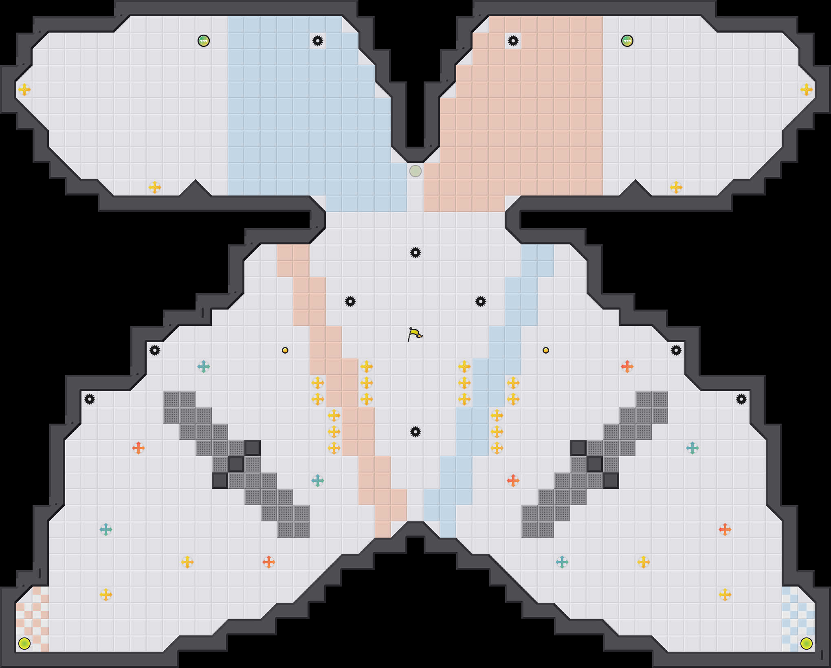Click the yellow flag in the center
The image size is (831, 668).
click(415, 334)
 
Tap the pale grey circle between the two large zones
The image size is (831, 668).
click(415, 171)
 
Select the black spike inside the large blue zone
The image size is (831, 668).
click(318, 41)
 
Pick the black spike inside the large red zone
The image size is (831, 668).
click(513, 41)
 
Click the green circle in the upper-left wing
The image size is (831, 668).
click(204, 41)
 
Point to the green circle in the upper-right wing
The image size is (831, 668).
click(627, 41)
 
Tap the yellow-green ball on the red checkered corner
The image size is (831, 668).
click(24, 644)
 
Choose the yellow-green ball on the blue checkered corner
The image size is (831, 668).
click(807, 644)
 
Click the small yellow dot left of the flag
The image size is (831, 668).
click(285, 350)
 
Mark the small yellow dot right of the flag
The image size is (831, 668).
click(546, 350)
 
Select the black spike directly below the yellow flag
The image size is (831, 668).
click(415, 432)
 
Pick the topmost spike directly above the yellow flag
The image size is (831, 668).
click(415, 253)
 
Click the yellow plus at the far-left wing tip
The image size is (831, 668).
click(24, 90)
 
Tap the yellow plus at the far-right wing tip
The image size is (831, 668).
click(807, 90)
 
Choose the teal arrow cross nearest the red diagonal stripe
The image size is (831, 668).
click(318, 481)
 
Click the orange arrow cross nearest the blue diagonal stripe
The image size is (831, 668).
click(513, 481)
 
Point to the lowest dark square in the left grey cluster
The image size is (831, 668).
click(220, 481)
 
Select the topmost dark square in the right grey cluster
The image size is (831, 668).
click(578, 448)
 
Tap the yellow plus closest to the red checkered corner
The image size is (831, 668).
click(106, 595)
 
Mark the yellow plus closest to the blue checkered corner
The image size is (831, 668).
click(725, 595)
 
